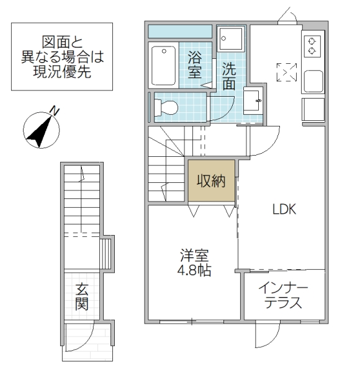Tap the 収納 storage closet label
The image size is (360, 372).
[x=212, y=180]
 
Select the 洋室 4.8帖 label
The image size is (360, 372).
[x=194, y=262]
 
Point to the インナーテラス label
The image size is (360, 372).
[x=284, y=296]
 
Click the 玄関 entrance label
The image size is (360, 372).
[x=82, y=296]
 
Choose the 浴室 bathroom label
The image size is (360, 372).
[x=196, y=63]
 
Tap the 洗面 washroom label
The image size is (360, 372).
[x=229, y=77]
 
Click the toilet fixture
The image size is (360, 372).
[x=164, y=107]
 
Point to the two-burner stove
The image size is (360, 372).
[x=312, y=45]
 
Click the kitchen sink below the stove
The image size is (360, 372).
[x=312, y=80]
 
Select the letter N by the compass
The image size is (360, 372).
[x=55, y=111]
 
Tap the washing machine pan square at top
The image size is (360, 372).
[x=232, y=38]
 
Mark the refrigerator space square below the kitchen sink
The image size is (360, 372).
[x=312, y=109]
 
